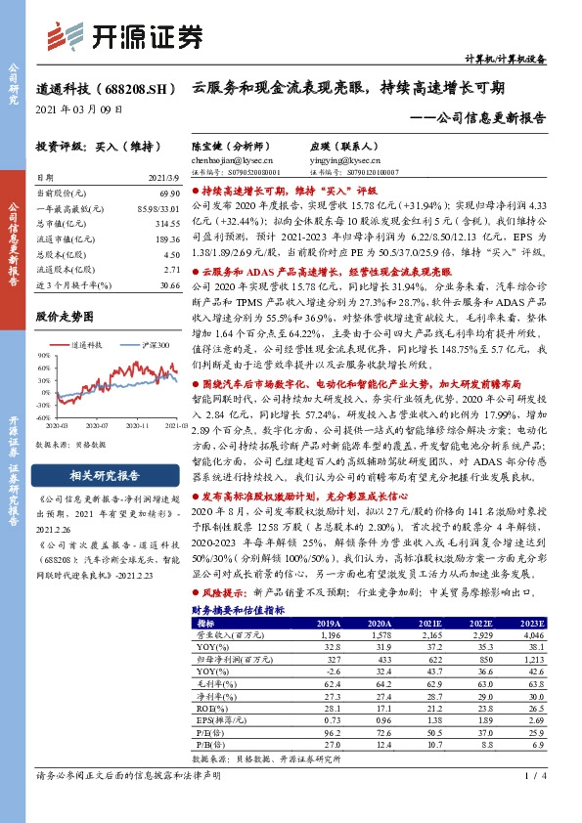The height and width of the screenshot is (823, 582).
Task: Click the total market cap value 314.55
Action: (156, 223)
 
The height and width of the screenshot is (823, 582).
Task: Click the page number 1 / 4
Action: (534, 802)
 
